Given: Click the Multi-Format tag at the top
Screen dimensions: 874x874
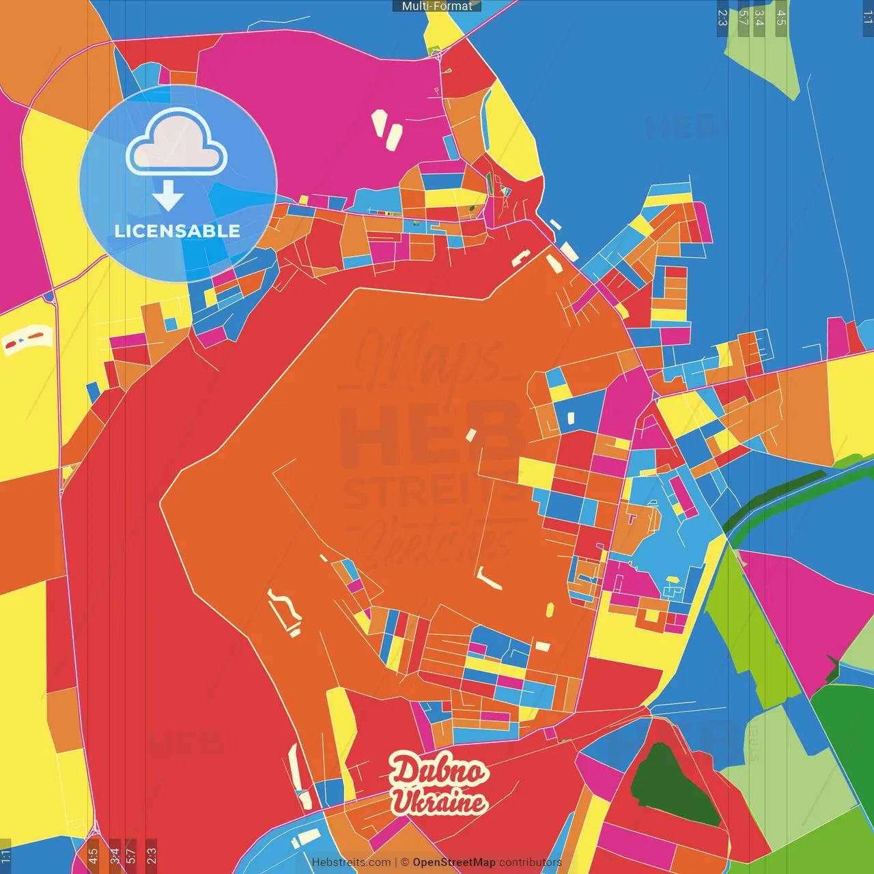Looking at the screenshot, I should (436, 6).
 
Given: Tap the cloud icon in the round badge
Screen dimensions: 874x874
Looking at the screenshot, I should (177, 142).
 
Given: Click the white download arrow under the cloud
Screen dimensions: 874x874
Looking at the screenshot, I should (168, 196).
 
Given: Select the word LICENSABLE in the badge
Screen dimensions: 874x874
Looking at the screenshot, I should (178, 231).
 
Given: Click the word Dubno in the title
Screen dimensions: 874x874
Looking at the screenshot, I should (438, 770).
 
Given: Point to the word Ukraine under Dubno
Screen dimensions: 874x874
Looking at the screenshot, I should (438, 802).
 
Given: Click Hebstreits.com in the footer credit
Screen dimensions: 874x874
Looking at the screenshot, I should (351, 862).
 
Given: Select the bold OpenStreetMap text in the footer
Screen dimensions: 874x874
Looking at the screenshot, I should (453, 862).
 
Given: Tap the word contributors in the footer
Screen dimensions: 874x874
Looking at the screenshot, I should (530, 862).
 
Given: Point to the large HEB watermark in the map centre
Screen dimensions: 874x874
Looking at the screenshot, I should (430, 434).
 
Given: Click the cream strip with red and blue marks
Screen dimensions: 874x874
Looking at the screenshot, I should (27, 339).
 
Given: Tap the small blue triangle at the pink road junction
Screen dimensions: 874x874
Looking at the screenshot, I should (48, 297).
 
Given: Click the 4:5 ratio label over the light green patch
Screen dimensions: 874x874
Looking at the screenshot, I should (781, 18).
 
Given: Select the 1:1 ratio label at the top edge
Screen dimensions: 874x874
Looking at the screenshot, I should (867, 18).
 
